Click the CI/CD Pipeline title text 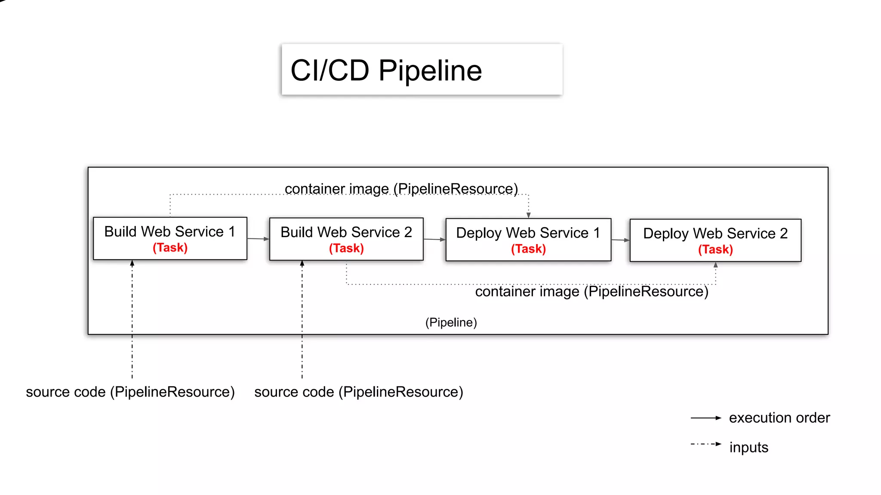pos(386,70)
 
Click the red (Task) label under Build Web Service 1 pos(170,248)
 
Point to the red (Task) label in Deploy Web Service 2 pos(715,250)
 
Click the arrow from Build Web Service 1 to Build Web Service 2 pos(258,238)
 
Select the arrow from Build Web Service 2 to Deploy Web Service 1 pos(434,239)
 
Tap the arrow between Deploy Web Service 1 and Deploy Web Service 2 pos(620,240)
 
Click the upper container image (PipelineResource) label pos(401,189)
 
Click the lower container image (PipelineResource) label pos(591,292)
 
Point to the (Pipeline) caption pos(451,322)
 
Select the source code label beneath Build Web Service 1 pos(130,392)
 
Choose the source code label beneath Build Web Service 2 pos(358,392)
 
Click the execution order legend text pos(779,418)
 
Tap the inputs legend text pos(749,447)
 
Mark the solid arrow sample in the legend pos(705,418)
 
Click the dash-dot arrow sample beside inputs pos(705,444)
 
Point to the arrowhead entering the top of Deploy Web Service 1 pos(529,215)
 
